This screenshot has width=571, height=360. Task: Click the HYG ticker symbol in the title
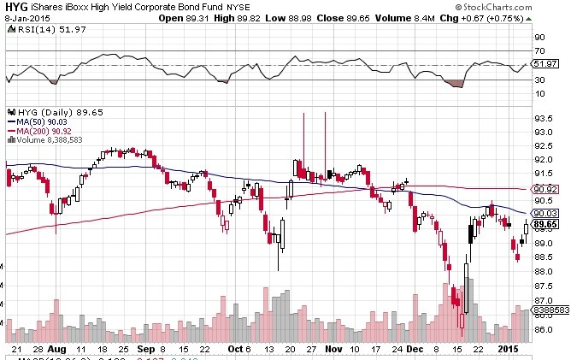(x=15, y=8)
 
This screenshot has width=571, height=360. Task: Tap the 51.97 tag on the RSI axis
(x=545, y=65)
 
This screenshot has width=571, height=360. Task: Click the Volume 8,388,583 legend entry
(x=48, y=140)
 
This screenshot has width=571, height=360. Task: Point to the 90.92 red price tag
(x=545, y=189)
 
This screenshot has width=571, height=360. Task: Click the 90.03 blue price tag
(x=545, y=214)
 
